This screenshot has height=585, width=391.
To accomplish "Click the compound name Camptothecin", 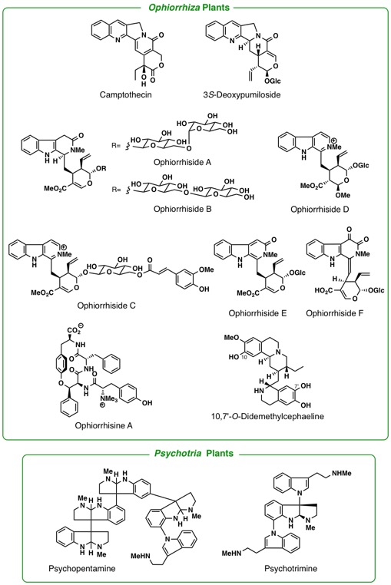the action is coord(125,94).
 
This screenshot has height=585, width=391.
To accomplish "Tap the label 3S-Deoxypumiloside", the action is coord(242,94).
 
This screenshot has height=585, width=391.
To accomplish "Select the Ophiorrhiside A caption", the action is coord(182,162).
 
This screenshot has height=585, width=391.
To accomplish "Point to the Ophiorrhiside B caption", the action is coord(183,209).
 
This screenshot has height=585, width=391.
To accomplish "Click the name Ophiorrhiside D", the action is coord(320,210).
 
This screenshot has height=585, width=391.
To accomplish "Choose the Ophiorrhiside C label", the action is coord(107,306).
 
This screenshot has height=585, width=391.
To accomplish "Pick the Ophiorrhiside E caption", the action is coord(257,313).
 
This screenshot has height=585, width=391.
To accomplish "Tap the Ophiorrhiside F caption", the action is coord(334,313).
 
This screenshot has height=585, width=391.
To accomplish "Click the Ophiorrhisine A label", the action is coord(104,425).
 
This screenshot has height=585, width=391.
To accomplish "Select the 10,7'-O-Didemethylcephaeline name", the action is coord(268,416).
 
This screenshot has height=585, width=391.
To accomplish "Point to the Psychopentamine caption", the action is coord(81,569).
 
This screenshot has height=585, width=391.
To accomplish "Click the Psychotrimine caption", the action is coord(291,569).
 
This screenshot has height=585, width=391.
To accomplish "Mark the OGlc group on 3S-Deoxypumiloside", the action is coord(273,81).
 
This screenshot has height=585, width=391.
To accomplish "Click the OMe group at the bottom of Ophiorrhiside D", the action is coord(343,195).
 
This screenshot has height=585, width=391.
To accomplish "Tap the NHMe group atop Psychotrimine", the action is coord(342,473).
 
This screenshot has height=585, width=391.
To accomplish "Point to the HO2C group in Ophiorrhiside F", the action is coord(323,291).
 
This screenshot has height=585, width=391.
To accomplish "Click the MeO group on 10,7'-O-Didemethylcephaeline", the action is coord(231,338).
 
